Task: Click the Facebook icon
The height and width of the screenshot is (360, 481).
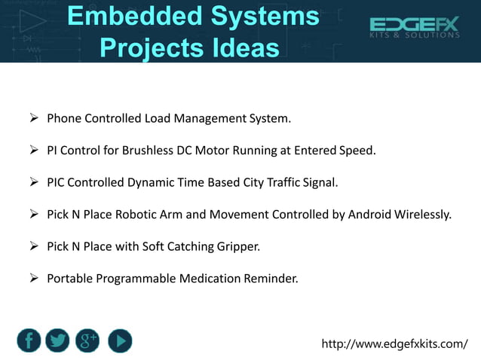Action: click(x=29, y=341)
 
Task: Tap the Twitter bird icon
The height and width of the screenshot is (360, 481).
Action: click(x=58, y=341)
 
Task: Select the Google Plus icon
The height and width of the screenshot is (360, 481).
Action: click(x=87, y=341)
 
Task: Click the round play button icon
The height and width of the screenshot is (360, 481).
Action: click(x=119, y=341)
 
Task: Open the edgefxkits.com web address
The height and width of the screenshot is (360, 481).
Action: click(x=394, y=344)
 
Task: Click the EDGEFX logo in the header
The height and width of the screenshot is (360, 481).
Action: click(x=414, y=29)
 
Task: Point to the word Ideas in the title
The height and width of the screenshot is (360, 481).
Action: click(x=244, y=47)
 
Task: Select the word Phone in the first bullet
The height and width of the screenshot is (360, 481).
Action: click(x=64, y=118)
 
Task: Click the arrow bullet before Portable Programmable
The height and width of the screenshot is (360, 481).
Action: click(x=34, y=279)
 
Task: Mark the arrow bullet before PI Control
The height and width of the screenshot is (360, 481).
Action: click(x=34, y=150)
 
